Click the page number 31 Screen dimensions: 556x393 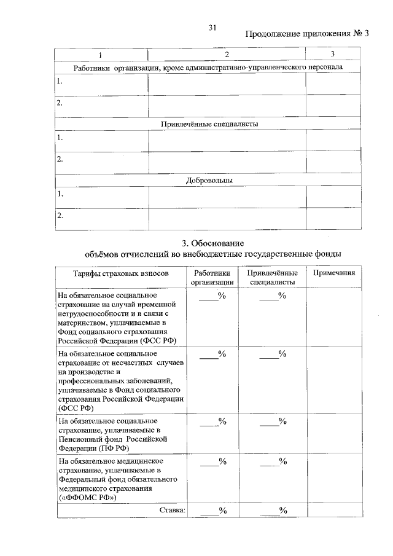click(213, 28)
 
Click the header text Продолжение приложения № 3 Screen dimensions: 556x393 click(307, 33)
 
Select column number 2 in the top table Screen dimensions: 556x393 click(227, 55)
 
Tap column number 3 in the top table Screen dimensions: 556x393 click(332, 55)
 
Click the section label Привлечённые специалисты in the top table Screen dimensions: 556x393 click(209, 123)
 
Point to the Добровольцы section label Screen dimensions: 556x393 click(209, 180)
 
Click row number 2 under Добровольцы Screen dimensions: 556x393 click(60, 216)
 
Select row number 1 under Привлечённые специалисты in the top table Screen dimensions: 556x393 click(60, 138)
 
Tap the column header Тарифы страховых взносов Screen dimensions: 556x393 click(120, 273)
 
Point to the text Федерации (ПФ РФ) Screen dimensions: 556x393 click(93, 448)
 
